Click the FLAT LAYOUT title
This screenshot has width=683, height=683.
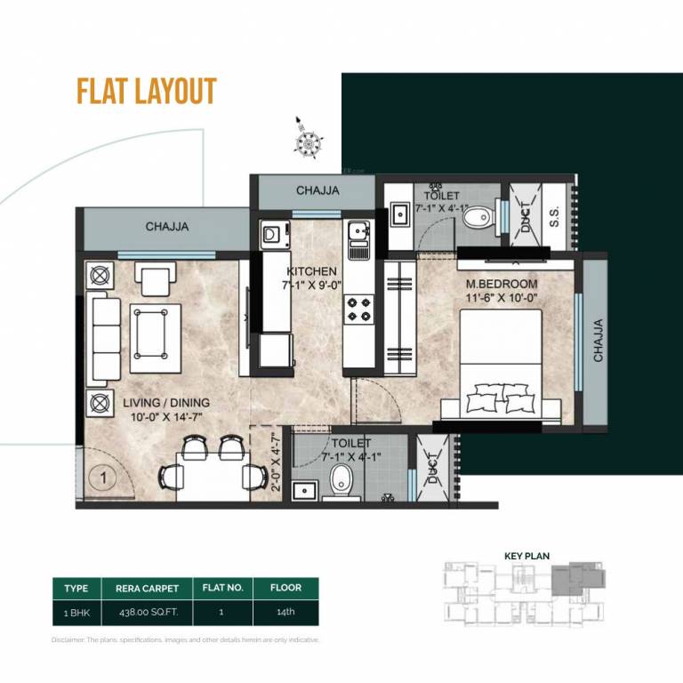pyautogui.click(x=147, y=92)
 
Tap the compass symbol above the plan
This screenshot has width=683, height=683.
pyautogui.click(x=308, y=141)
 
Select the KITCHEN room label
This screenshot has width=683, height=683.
pyautogui.click(x=311, y=271)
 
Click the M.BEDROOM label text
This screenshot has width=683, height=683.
pyautogui.click(x=502, y=284)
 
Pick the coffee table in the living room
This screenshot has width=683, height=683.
pyautogui.click(x=156, y=331)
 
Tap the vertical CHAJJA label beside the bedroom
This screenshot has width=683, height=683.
pyautogui.click(x=598, y=341)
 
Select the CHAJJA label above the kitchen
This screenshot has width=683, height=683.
pyautogui.click(x=317, y=190)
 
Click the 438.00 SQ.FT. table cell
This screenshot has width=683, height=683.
pyautogui.click(x=148, y=613)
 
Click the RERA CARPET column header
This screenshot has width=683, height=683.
pyautogui.click(x=148, y=588)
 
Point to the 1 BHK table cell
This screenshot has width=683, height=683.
pyautogui.click(x=76, y=613)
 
